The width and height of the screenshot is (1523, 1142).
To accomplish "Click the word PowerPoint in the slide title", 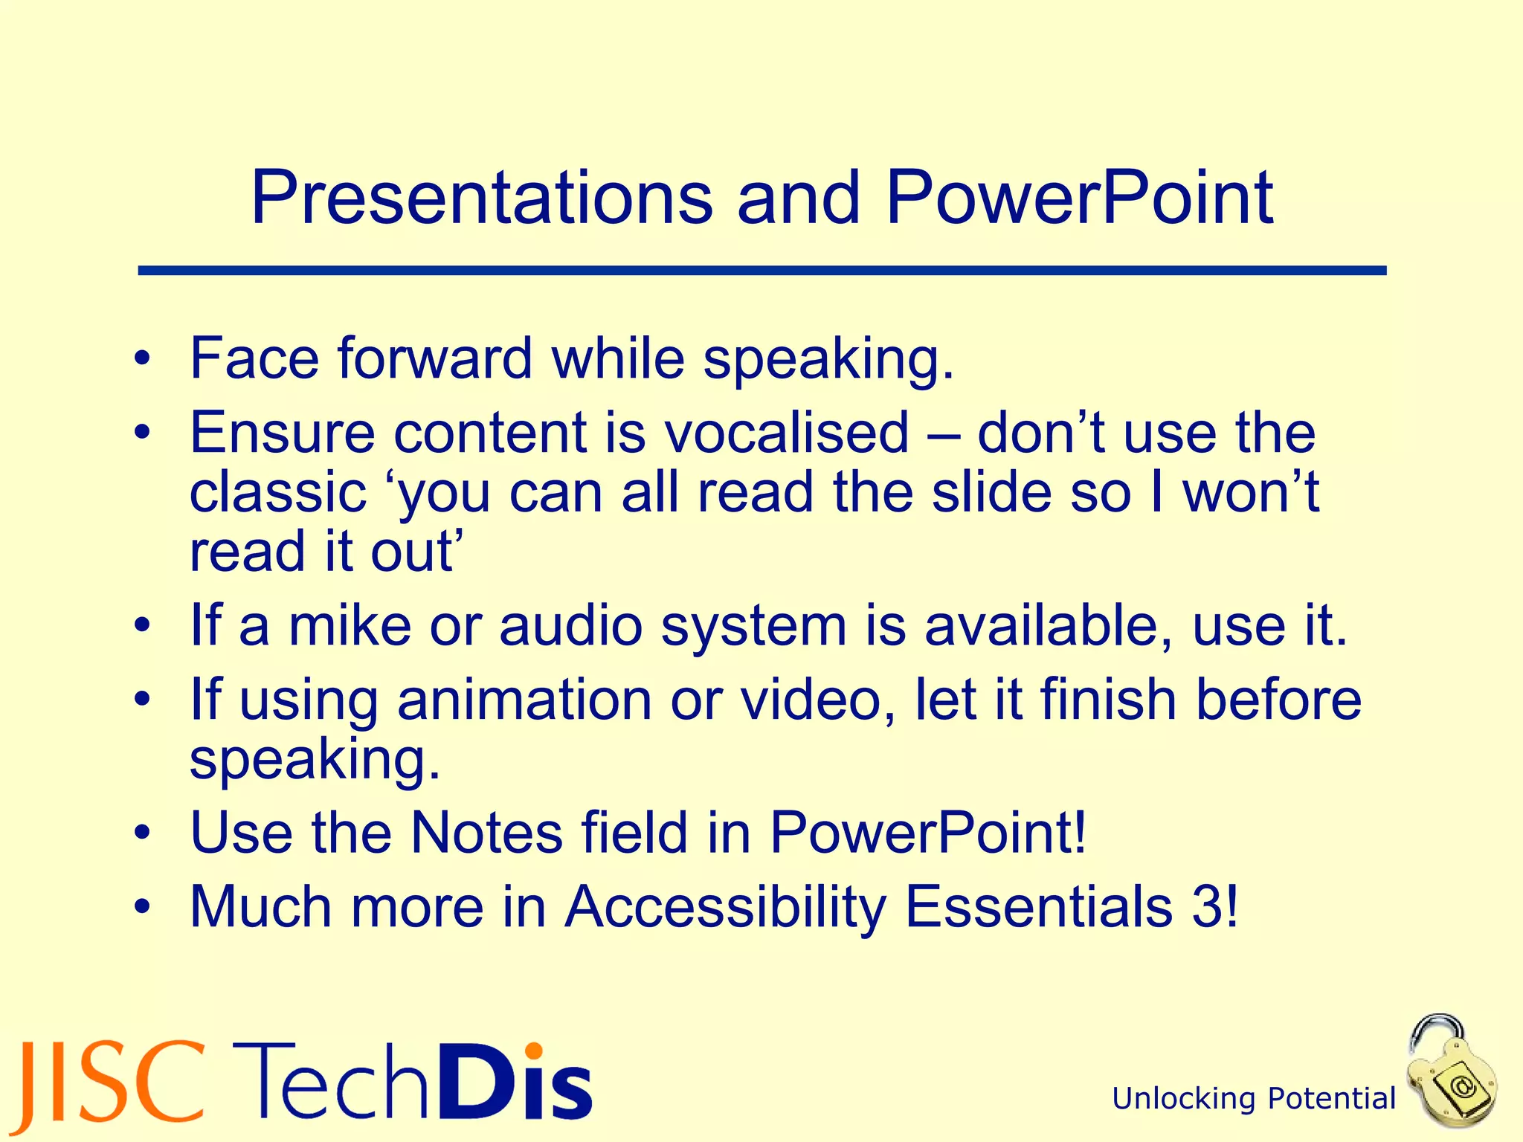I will point(1080,199).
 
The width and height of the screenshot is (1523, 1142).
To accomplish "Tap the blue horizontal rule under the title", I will point(761,271).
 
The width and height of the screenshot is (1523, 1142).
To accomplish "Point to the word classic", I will point(277,493).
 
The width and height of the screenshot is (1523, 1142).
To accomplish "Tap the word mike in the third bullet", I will point(350,625).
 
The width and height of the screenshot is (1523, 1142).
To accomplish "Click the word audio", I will point(570,625).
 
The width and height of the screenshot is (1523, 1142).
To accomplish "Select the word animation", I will point(524,700).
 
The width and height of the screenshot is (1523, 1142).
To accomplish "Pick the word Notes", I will point(486,832).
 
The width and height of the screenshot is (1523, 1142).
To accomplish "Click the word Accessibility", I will point(725,906).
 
